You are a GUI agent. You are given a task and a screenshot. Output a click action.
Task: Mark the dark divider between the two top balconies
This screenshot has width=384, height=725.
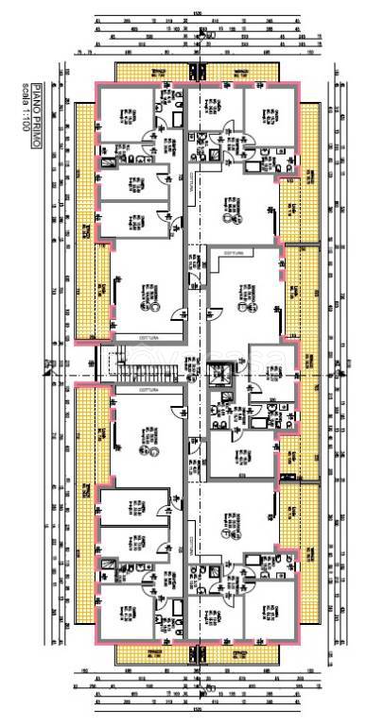[198, 72]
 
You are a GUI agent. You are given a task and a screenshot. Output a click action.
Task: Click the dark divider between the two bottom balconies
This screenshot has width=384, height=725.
[198, 653]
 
